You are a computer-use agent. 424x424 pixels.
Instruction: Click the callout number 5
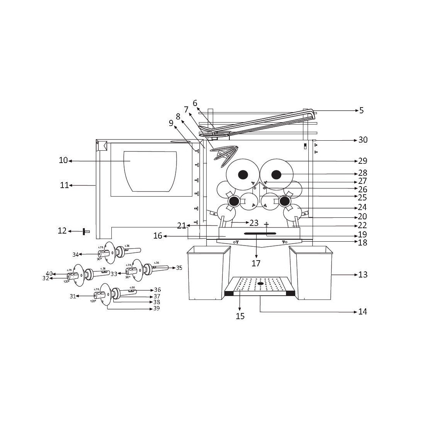pyautogui.click(x=361, y=110)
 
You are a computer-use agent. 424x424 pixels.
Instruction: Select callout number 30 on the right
pyautogui.click(x=363, y=140)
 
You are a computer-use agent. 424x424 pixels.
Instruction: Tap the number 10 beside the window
pyautogui.click(x=63, y=160)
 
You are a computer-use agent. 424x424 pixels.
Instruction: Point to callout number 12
pyautogui.click(x=62, y=231)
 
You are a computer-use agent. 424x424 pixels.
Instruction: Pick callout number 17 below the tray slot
pyautogui.click(x=256, y=264)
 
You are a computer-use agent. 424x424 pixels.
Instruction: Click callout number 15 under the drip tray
pyautogui.click(x=240, y=316)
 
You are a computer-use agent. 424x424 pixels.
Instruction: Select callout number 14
pyautogui.click(x=362, y=311)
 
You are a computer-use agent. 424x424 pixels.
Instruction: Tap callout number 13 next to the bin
pyautogui.click(x=363, y=274)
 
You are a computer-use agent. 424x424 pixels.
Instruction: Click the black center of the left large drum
pyautogui.click(x=242, y=175)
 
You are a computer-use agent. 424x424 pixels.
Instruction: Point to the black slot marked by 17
pyautogui.click(x=260, y=234)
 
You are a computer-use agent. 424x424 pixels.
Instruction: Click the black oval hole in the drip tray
pyautogui.click(x=261, y=284)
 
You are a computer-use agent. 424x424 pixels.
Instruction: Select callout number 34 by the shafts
pyautogui.click(x=76, y=254)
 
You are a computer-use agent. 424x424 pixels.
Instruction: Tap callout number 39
pyautogui.click(x=156, y=308)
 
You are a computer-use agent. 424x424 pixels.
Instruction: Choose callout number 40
pyautogui.click(x=49, y=274)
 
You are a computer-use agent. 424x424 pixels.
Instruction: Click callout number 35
pyautogui.click(x=179, y=268)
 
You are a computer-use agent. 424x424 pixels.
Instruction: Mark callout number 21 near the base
pyautogui.click(x=182, y=225)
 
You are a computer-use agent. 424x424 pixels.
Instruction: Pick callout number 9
pyautogui.click(x=171, y=123)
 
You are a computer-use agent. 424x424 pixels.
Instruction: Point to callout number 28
pyautogui.click(x=362, y=173)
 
